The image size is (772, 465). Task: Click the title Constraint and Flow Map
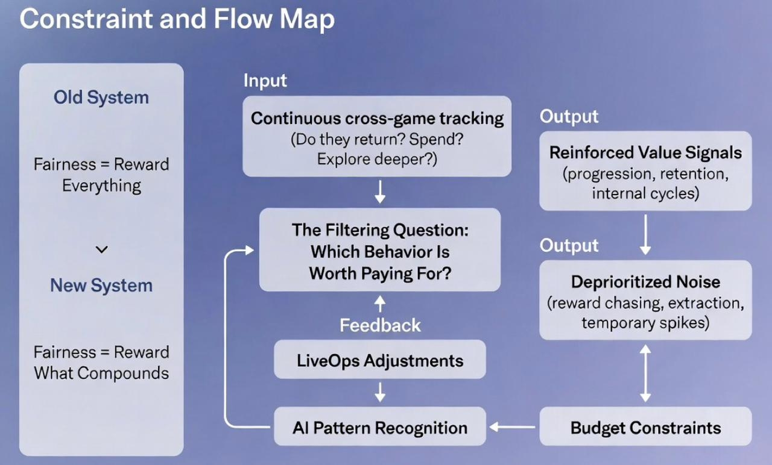(177, 20)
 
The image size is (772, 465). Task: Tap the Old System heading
(101, 98)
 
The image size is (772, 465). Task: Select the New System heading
(101, 286)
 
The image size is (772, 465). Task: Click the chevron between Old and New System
(101, 249)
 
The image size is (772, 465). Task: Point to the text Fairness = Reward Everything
(101, 175)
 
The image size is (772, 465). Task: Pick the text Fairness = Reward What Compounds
(101, 363)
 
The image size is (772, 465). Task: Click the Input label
(265, 81)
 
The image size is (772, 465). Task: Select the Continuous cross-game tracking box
(377, 136)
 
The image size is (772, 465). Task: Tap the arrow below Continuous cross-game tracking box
(380, 192)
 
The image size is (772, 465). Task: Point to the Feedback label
(380, 326)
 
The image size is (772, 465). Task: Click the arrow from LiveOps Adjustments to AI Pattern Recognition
(380, 393)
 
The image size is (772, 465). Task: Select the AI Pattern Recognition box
(380, 428)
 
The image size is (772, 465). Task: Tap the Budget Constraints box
(645, 428)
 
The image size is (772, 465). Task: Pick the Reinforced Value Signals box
(645, 171)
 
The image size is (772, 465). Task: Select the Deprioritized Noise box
(645, 301)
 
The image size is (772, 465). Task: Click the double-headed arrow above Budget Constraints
(645, 373)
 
